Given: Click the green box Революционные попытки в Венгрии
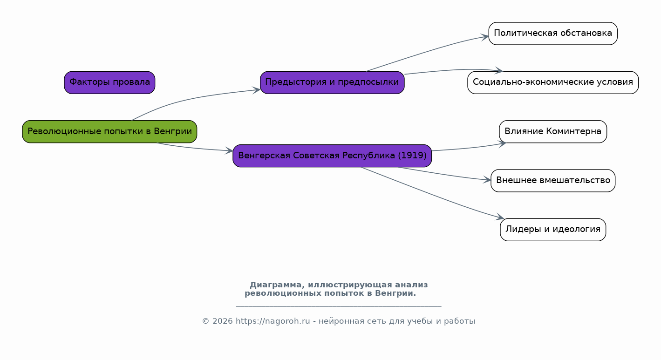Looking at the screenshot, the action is pyautogui.click(x=109, y=132).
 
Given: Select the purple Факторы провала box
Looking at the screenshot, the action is pyautogui.click(x=109, y=82).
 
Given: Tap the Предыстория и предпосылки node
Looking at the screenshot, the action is pyautogui.click(x=332, y=82).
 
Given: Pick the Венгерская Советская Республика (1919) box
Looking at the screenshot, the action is pyautogui.click(x=332, y=156).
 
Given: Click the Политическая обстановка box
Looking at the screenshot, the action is pyautogui.click(x=553, y=34).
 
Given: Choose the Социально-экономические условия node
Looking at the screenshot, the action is pyautogui.click(x=553, y=82).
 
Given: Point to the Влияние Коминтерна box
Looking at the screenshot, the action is pyautogui.click(x=553, y=132).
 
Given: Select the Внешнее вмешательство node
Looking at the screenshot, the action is pyautogui.click(x=553, y=181).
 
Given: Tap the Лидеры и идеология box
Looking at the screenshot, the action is pyautogui.click(x=553, y=230).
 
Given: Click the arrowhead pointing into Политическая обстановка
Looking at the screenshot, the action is pyautogui.click(x=485, y=37).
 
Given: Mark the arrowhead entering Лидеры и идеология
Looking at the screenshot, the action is pyautogui.click(x=500, y=217).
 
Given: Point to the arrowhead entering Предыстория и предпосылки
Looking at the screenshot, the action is pyautogui.click(x=256, y=90).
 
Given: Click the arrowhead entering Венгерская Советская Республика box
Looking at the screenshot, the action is pyautogui.click(x=229, y=151).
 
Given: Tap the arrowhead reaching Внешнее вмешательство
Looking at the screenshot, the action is pyautogui.click(x=487, y=180).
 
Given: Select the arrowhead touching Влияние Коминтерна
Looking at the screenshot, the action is pyautogui.click(x=502, y=144).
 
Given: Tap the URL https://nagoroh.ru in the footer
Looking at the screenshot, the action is pyautogui.click(x=273, y=321).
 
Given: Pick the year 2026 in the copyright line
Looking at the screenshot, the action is pyautogui.click(x=223, y=321).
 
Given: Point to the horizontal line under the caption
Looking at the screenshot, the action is pyautogui.click(x=339, y=307).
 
